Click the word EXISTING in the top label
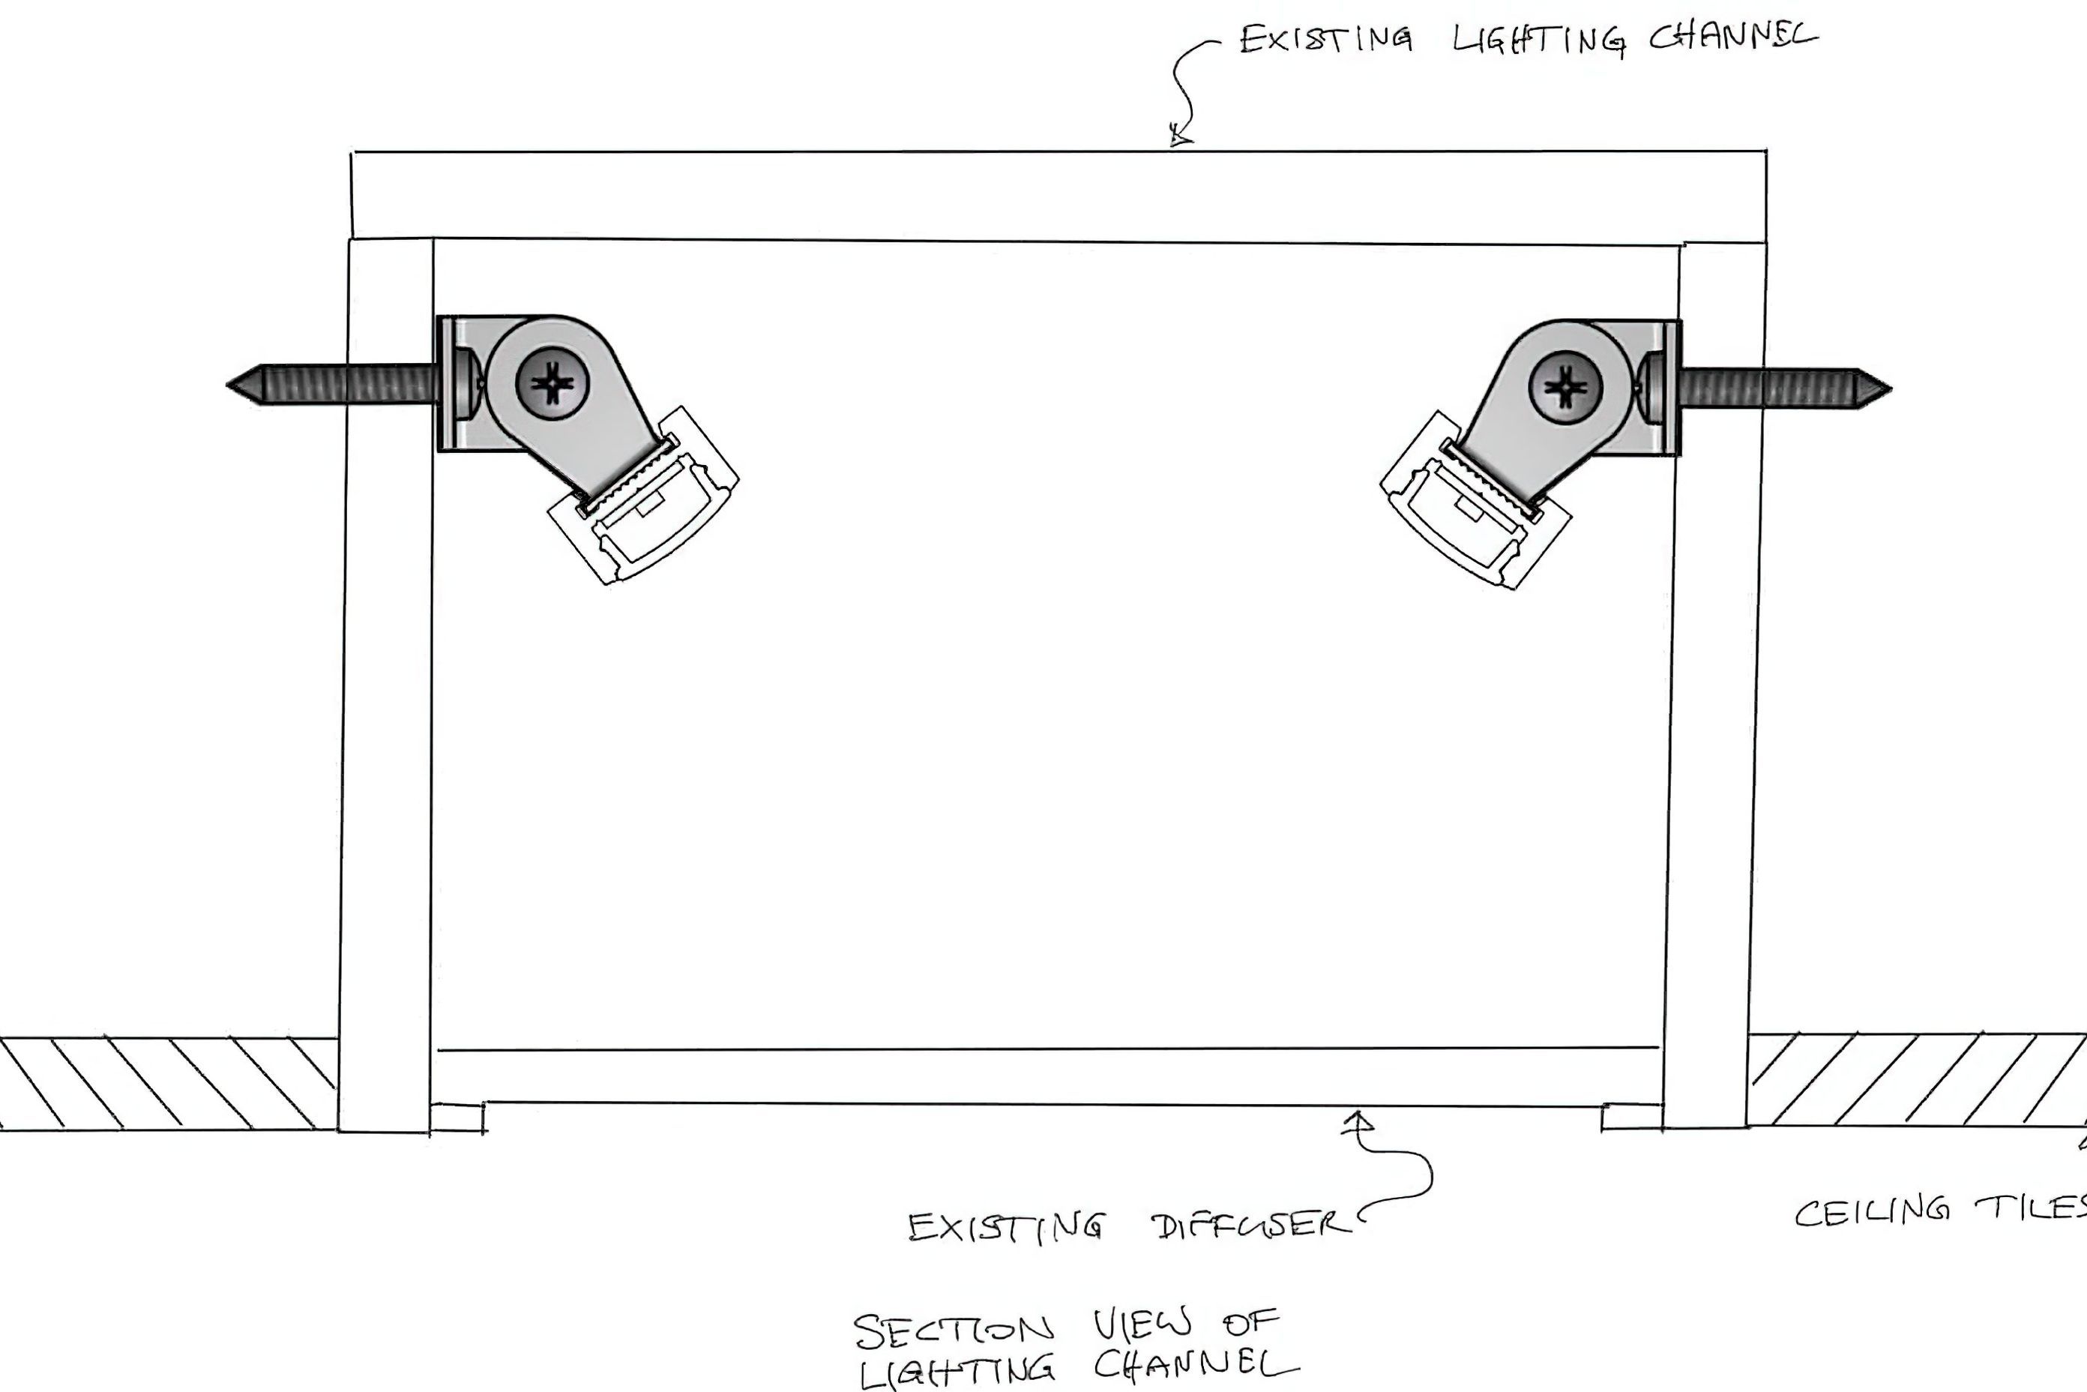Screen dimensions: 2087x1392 (1325, 39)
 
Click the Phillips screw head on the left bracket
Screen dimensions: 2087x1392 (552, 385)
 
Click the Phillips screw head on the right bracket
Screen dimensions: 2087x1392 (1565, 387)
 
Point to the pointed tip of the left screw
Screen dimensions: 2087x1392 (227, 385)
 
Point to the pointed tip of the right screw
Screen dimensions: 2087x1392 (1891, 388)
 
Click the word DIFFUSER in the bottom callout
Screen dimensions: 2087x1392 (1251, 1226)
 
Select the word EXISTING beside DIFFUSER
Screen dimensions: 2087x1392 (1005, 1227)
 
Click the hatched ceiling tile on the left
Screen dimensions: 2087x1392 (169, 1083)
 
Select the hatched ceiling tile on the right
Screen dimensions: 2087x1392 (1917, 1079)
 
